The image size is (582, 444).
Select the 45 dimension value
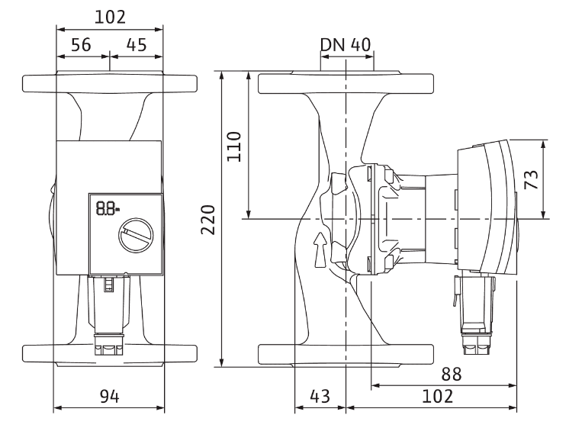[136, 45]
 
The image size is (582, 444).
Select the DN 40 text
[346, 44]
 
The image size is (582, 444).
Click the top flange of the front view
[110, 83]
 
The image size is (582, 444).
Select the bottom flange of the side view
[346, 355]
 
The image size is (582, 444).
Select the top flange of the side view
[346, 83]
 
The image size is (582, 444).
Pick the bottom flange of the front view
[110, 355]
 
